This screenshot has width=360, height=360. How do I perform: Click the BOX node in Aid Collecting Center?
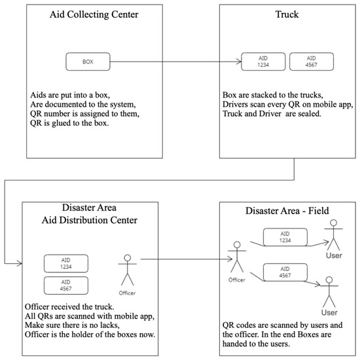[x=88, y=62]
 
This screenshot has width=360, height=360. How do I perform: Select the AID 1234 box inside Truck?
[x=263, y=62]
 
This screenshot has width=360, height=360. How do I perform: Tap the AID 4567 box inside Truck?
[x=312, y=62]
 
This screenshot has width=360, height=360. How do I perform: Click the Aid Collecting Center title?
[x=94, y=14]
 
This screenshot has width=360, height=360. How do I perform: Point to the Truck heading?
[x=287, y=14]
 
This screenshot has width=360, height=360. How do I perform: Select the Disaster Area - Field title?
[x=287, y=211]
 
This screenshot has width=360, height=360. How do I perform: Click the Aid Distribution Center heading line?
[x=90, y=220]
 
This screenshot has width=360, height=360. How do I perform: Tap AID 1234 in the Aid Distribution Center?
[x=66, y=264]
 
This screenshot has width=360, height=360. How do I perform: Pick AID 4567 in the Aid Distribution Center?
[x=66, y=285]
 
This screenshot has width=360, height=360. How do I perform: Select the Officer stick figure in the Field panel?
[x=237, y=257]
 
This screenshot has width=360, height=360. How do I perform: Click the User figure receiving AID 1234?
[x=333, y=235]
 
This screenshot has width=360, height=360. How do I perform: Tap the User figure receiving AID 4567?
[x=329, y=292]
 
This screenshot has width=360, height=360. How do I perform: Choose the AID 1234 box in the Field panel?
[x=285, y=237]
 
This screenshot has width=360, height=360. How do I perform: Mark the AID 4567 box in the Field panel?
[x=285, y=272]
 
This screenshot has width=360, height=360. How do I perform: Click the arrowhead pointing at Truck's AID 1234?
[x=240, y=62]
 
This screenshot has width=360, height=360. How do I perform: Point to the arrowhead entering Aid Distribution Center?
[x=20, y=263]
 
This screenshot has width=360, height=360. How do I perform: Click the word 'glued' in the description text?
[x=62, y=124]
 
